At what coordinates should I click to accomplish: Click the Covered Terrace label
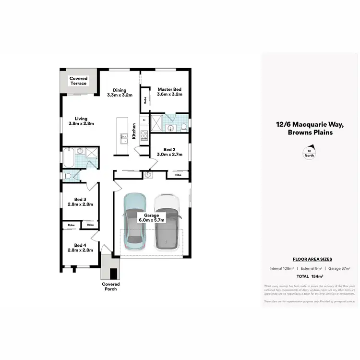pyautogui.click(x=78, y=81)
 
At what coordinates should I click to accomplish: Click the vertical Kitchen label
pyautogui.click(x=134, y=132)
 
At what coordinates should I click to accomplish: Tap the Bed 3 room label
pyautogui.click(x=80, y=202)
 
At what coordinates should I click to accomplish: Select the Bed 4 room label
pyautogui.click(x=80, y=247)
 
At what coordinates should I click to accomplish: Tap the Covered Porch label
pyautogui.click(x=110, y=287)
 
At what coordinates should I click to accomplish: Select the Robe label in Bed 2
pyautogui.click(x=178, y=175)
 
